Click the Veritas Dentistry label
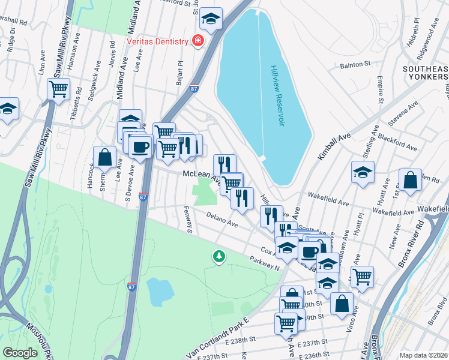click(158, 41)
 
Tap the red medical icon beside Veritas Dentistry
click(197, 41)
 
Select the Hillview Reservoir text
click(276, 96)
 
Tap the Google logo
click(20, 353)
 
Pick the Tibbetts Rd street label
click(74, 109)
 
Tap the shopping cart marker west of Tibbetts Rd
click(59, 89)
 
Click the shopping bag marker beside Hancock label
click(104, 157)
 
